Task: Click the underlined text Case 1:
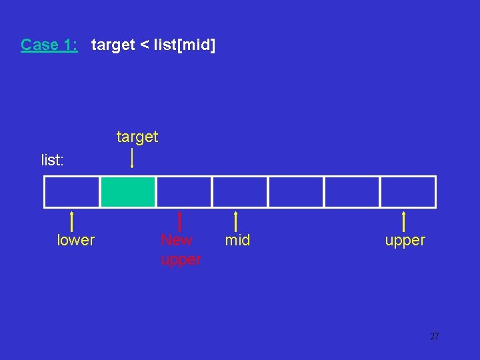49,45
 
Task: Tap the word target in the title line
112,45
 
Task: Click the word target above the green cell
137,137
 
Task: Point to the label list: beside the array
53,160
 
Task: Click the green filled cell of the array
128,192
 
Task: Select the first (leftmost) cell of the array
72,192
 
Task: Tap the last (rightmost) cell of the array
408,192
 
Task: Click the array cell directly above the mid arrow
240,192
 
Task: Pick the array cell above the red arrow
184,192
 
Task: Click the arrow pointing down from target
132,158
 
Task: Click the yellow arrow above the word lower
72,221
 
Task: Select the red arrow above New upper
180,221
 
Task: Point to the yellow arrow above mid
236,221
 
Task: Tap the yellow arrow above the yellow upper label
404,221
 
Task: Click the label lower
76,240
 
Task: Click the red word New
176,240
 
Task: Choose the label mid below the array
237,240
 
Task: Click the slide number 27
435,337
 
